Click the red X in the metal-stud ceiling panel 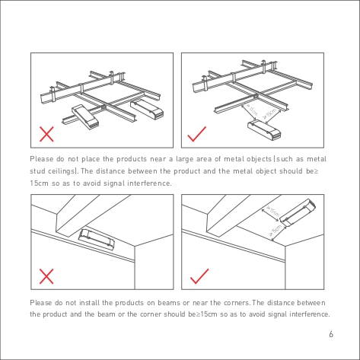[46, 134]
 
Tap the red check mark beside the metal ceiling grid [196, 135]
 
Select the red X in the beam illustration [46, 276]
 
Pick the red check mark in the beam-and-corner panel [199, 276]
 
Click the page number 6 [331, 334]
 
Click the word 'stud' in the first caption [37, 171]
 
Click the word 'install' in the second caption [89, 303]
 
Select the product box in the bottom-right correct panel [299, 212]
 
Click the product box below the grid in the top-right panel [264, 130]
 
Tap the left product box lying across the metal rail [85, 116]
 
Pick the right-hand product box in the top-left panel [147, 110]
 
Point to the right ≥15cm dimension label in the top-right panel [269, 113]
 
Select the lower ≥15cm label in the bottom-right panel [276, 230]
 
